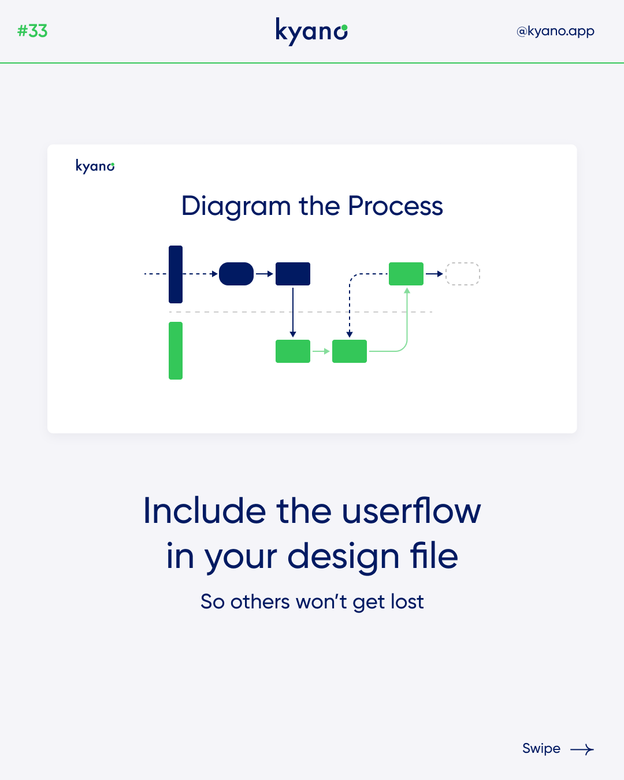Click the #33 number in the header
(x=32, y=31)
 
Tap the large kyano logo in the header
(x=311, y=32)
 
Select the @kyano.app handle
(x=555, y=32)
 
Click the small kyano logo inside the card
(x=95, y=166)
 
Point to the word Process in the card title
(x=395, y=206)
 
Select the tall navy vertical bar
(x=176, y=274)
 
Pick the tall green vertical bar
(x=176, y=351)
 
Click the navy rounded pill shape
(x=236, y=274)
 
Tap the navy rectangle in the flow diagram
(x=292, y=274)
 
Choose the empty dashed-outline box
(x=463, y=274)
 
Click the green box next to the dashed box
(x=406, y=274)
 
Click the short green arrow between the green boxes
(x=321, y=351)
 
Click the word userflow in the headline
(x=411, y=511)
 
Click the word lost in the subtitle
(x=407, y=602)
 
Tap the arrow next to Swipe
(x=582, y=749)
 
